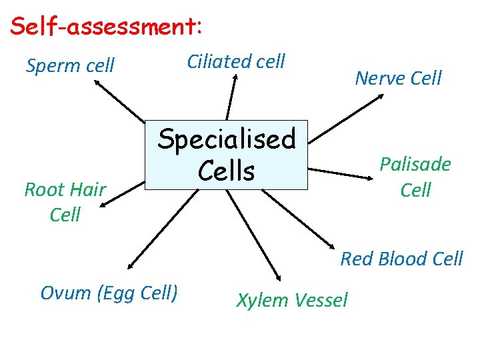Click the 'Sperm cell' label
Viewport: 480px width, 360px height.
(70, 65)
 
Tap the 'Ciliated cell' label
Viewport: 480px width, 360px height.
(236, 62)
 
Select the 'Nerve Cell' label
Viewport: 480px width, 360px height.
(398, 78)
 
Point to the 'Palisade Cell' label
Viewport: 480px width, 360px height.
(415, 177)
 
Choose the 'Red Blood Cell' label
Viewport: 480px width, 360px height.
(401, 259)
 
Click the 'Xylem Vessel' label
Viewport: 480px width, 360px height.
(292, 300)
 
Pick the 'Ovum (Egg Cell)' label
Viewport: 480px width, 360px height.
(109, 292)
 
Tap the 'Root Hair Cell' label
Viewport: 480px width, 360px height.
(65, 202)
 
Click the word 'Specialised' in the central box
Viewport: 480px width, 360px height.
(227, 139)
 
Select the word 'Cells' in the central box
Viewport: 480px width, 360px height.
(227, 171)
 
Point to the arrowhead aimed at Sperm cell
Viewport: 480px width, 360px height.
(97, 83)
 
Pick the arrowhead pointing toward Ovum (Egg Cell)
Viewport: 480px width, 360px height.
(131, 264)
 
